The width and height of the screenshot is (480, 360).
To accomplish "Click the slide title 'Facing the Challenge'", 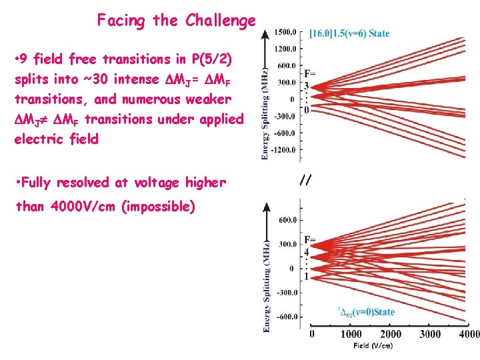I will click(x=176, y=21).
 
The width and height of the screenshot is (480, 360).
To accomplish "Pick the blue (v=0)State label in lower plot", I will click(x=366, y=311).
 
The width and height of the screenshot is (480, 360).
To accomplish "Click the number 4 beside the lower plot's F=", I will click(x=307, y=253).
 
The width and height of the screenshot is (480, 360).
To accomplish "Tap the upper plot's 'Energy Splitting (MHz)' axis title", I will click(x=266, y=113).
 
